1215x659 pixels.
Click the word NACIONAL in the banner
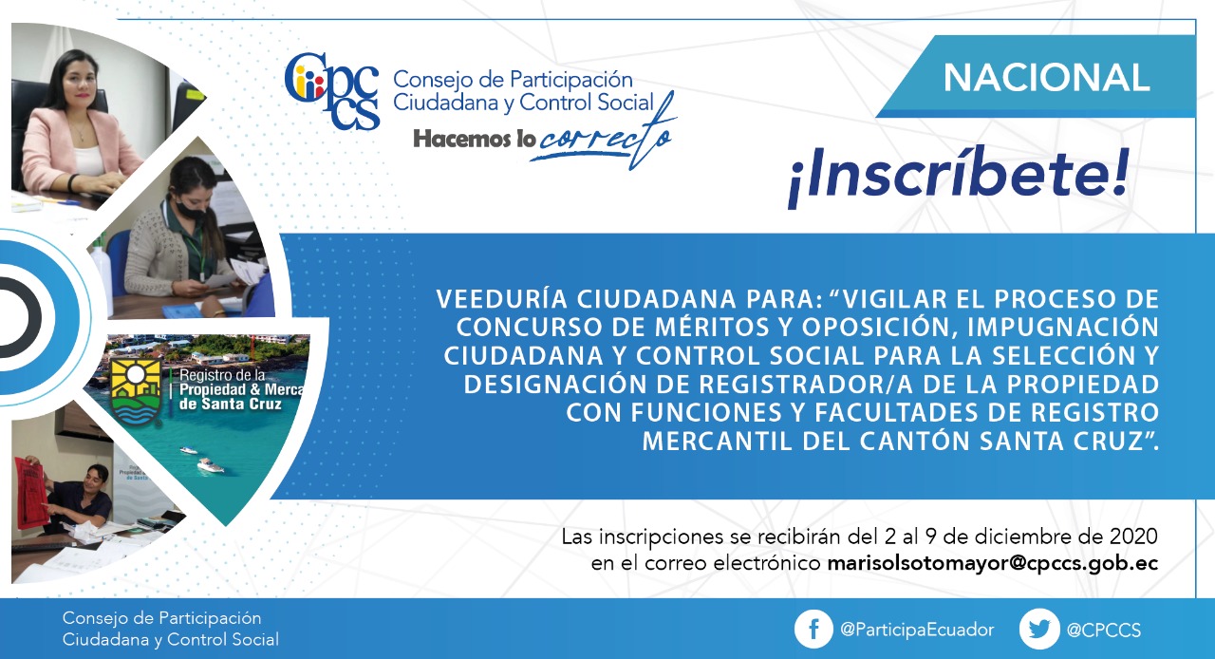(x=1046, y=78)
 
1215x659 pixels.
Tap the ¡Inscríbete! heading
(x=958, y=177)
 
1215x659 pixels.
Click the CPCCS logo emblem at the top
(x=332, y=90)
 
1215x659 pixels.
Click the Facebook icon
(x=813, y=630)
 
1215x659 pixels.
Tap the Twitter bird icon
(x=1038, y=630)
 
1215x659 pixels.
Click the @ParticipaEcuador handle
(x=917, y=630)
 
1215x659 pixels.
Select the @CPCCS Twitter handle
(x=1103, y=631)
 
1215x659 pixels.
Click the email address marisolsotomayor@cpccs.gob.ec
(x=992, y=563)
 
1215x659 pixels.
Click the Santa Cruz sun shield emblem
(x=136, y=392)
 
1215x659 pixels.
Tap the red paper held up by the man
(x=31, y=492)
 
